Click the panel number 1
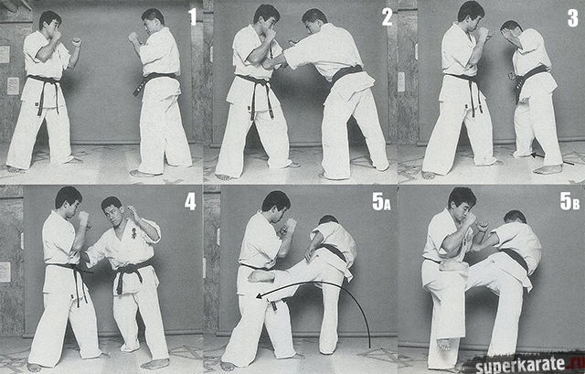(192, 16)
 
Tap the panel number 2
(387, 17)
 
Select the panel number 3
(573, 18)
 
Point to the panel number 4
(190, 202)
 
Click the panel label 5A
(381, 202)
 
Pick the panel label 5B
(569, 201)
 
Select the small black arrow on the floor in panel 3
(552, 158)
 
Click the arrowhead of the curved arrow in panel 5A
(260, 296)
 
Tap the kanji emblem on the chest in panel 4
(133, 234)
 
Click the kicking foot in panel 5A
(261, 276)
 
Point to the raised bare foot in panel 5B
(443, 344)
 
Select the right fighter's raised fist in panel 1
(133, 37)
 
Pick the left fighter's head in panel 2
(266, 18)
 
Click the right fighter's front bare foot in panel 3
(548, 169)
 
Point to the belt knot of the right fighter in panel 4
(126, 270)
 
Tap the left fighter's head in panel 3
(471, 16)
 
